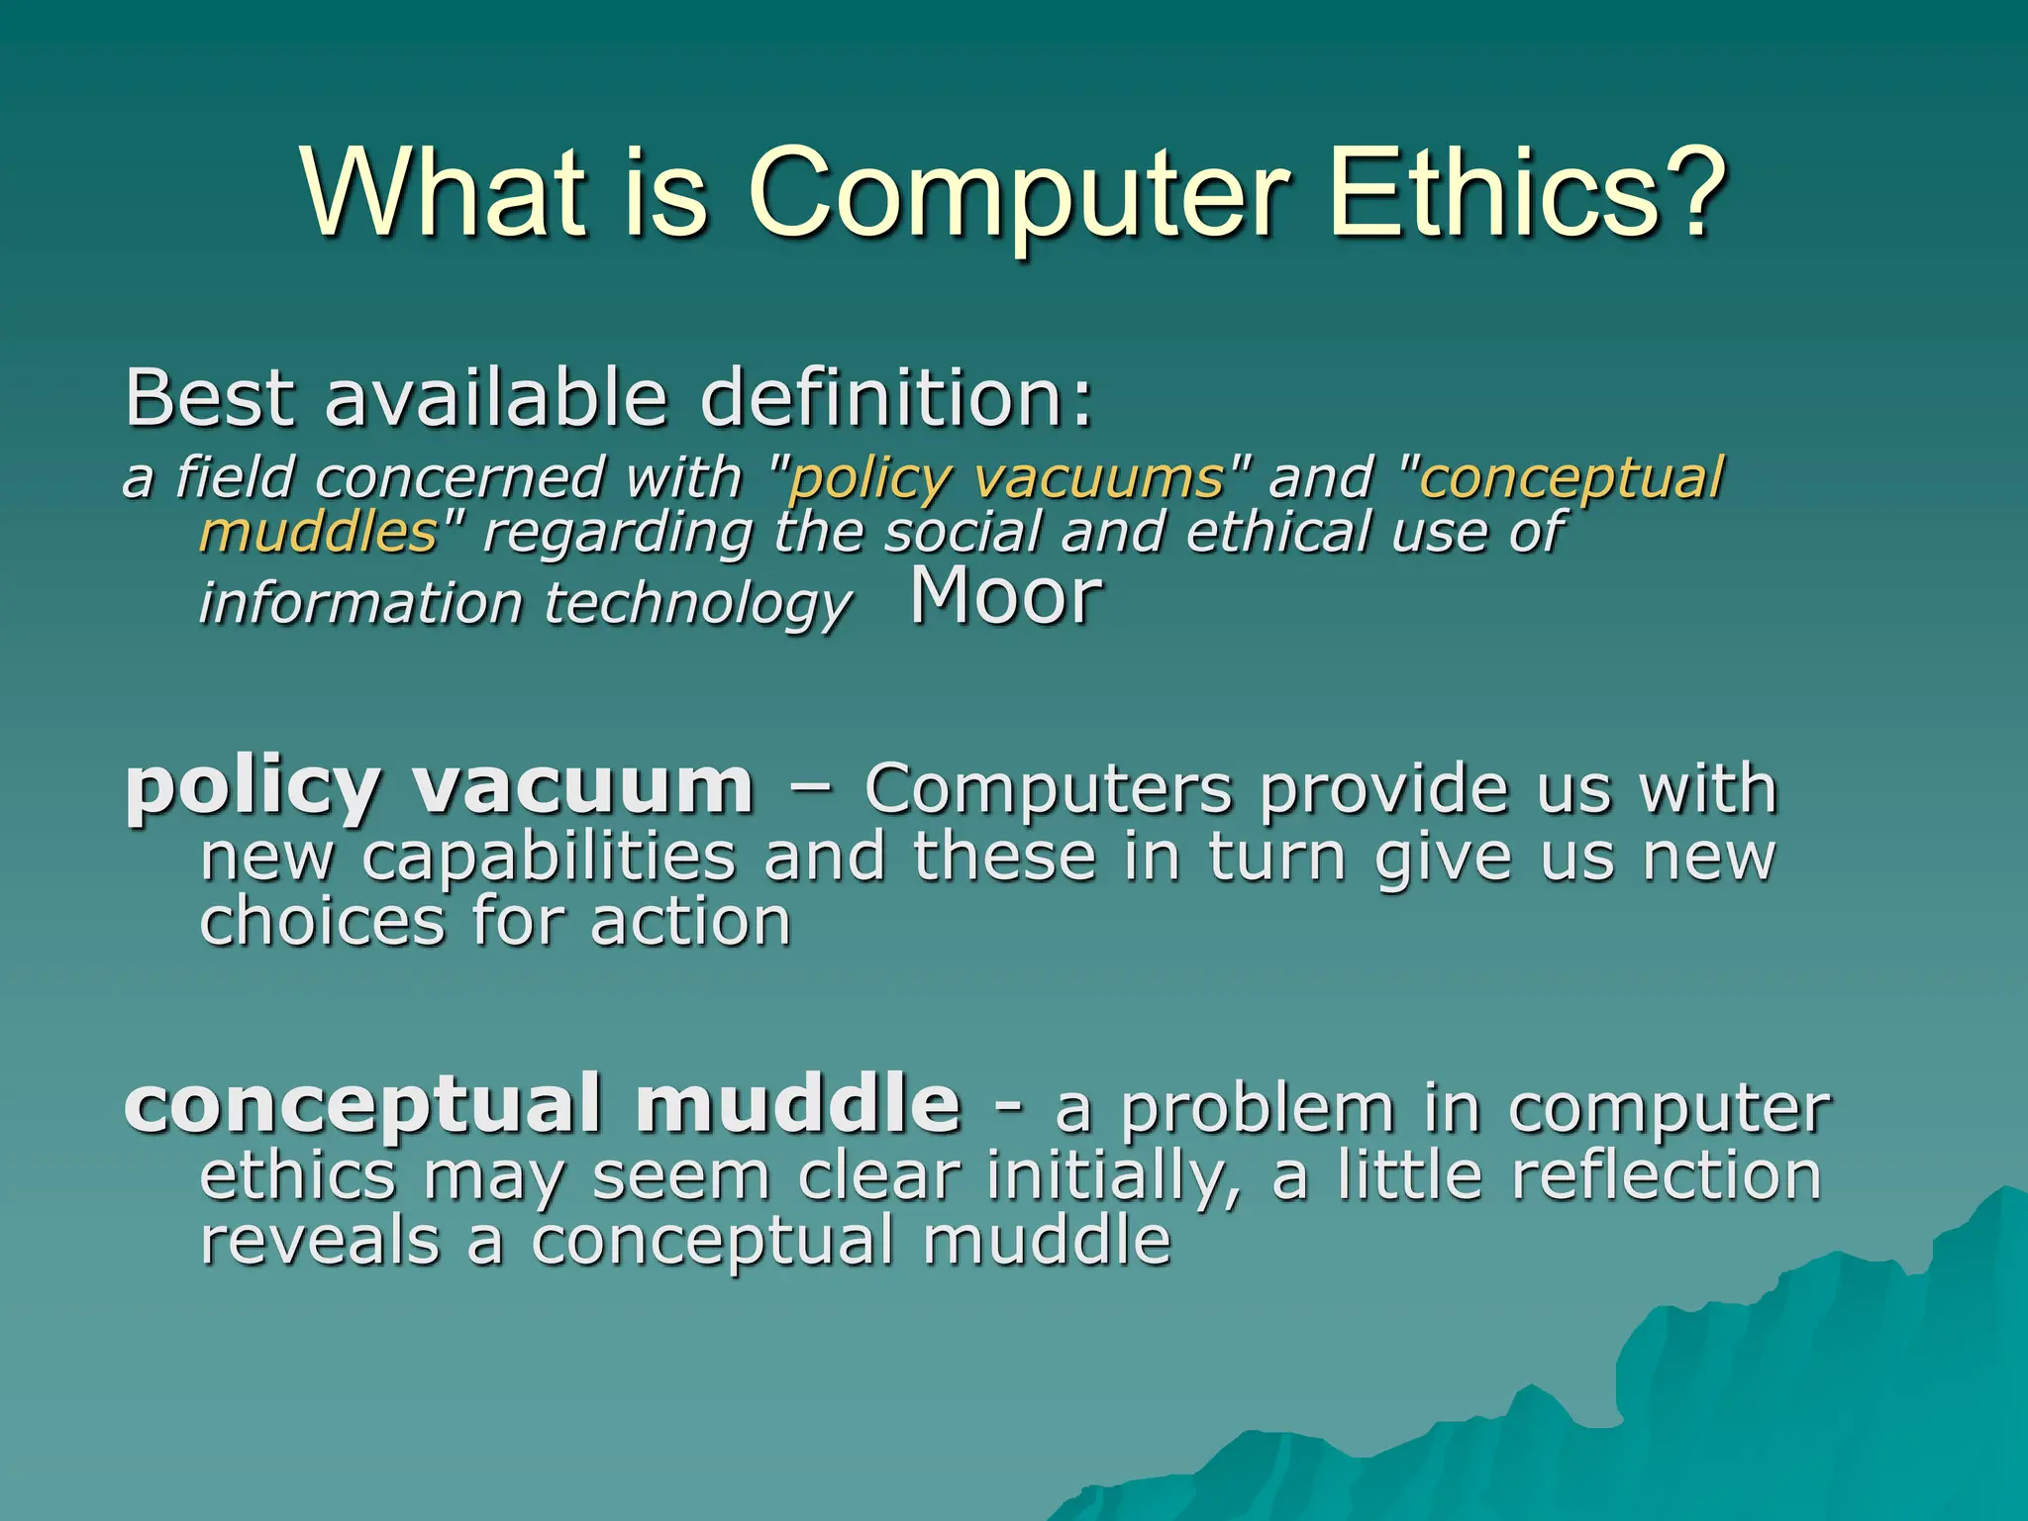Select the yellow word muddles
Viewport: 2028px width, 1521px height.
pyautogui.click(x=318, y=532)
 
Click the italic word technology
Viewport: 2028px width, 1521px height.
pyautogui.click(x=698, y=604)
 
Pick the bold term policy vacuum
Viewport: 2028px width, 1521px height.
pyautogui.click(x=439, y=787)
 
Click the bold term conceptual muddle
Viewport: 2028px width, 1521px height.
pyautogui.click(x=542, y=1104)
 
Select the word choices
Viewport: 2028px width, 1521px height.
pyautogui.click(x=323, y=922)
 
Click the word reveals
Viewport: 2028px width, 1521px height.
pyautogui.click(x=319, y=1241)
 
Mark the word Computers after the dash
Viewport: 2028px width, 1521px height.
pyautogui.click(x=1049, y=789)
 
